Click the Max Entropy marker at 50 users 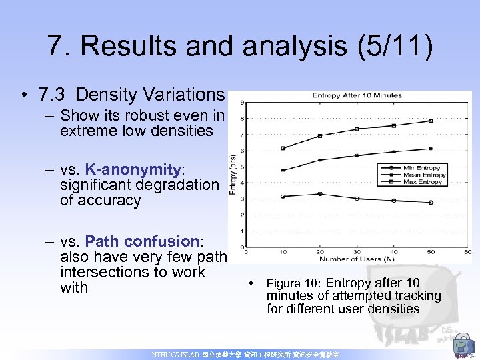tap(431, 121)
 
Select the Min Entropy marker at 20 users tap(320, 194)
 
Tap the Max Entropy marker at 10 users tap(283, 148)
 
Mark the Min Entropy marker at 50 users tap(431, 202)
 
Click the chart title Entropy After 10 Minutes tap(357, 95)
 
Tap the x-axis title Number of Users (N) tap(357, 258)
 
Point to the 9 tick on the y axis tap(241, 103)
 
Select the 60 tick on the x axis tap(467, 252)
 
